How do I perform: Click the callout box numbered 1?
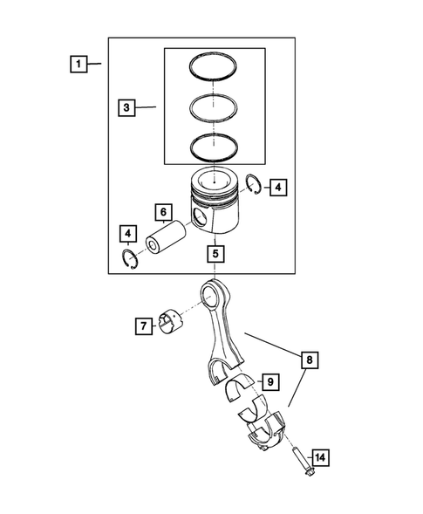79,64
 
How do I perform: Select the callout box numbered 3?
127,108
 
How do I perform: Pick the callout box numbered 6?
162,213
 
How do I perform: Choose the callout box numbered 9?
269,381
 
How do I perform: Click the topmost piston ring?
215,69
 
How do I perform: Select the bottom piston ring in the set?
215,145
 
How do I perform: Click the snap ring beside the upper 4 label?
253,183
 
